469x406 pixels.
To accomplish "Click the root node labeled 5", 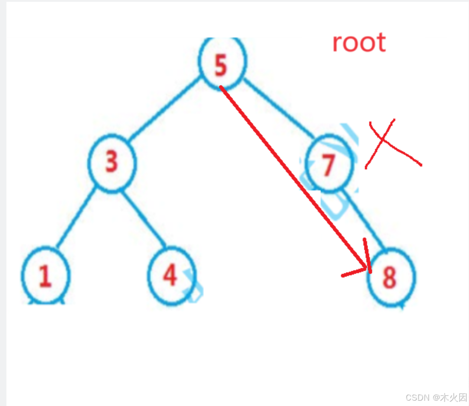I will coord(222,63).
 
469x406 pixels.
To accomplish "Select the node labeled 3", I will coord(112,163).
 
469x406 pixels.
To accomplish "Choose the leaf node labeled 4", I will coord(171,275).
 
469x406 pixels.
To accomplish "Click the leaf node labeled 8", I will coord(391,278).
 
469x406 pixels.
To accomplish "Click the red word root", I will coord(359,43).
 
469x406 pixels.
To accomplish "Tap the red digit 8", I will coord(389,278).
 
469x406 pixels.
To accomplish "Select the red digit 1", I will coord(45,276).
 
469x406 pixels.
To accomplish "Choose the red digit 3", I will coord(112,162).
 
